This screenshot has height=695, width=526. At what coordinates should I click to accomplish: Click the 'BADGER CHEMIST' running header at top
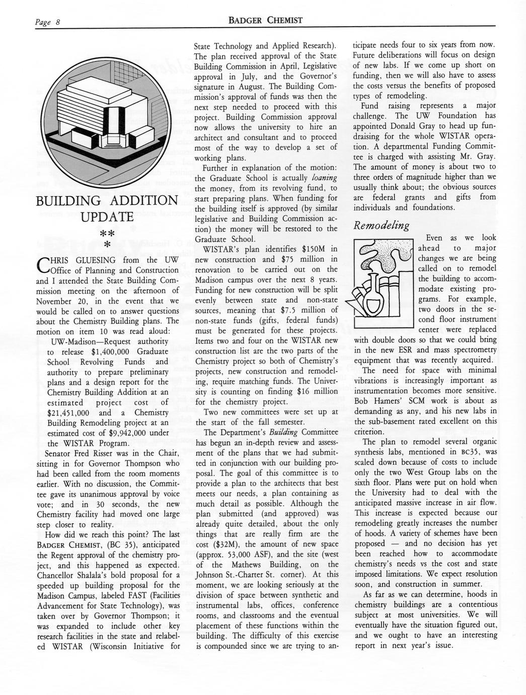click(265, 21)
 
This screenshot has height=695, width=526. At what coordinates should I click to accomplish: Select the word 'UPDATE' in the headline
click(107, 217)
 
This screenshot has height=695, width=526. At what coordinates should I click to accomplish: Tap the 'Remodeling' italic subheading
click(381, 225)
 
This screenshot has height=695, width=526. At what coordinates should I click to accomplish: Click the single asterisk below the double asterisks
click(107, 245)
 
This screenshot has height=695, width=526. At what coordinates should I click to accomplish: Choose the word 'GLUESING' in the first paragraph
click(94, 260)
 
